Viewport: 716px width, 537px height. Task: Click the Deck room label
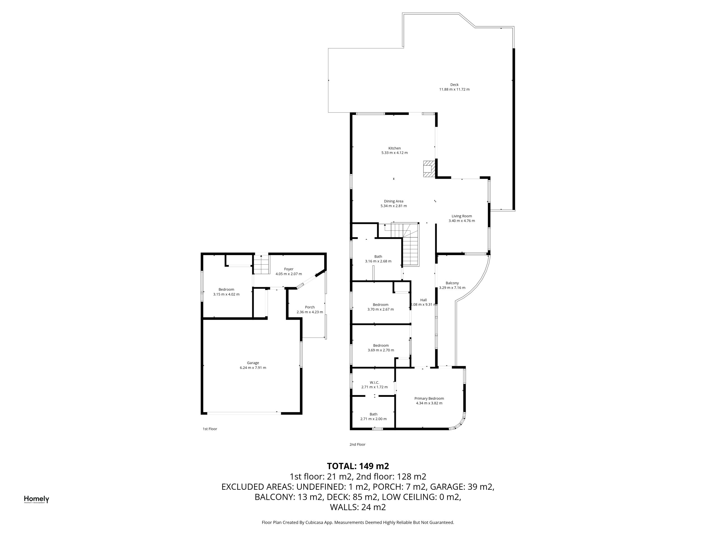(x=454, y=85)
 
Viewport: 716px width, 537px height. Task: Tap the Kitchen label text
(x=394, y=148)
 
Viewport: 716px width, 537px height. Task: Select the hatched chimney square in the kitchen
(x=429, y=169)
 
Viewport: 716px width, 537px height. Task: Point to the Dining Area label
(x=394, y=201)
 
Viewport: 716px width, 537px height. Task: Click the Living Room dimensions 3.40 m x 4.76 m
(x=461, y=221)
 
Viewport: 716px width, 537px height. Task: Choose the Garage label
(x=253, y=363)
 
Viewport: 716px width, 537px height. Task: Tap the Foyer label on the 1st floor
(x=289, y=269)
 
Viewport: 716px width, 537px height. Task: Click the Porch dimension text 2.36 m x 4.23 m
(x=310, y=312)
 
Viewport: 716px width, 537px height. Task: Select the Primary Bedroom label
(x=429, y=399)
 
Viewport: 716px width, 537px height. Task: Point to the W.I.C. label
(x=375, y=382)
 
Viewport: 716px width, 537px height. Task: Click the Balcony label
(x=452, y=283)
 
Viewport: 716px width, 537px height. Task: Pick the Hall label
(x=423, y=300)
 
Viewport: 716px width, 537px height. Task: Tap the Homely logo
(x=37, y=500)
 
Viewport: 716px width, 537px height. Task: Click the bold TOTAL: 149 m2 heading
(x=358, y=466)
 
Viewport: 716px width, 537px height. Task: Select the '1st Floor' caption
(x=210, y=429)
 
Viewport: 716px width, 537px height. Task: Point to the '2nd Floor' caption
(x=357, y=444)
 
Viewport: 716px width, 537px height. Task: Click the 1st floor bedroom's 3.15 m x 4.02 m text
(x=226, y=294)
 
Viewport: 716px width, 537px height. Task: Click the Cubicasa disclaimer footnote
(x=358, y=522)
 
